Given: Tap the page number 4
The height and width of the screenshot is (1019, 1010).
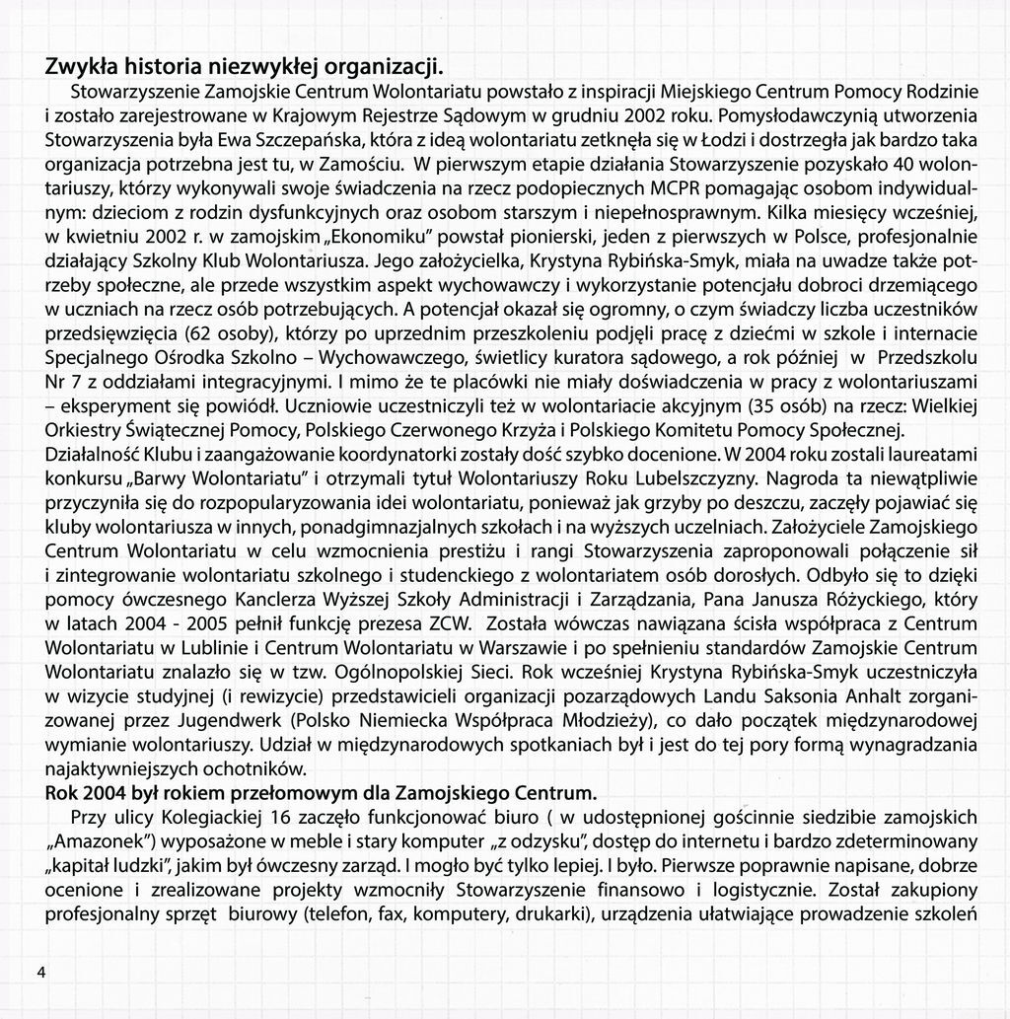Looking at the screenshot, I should [x=41, y=972].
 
